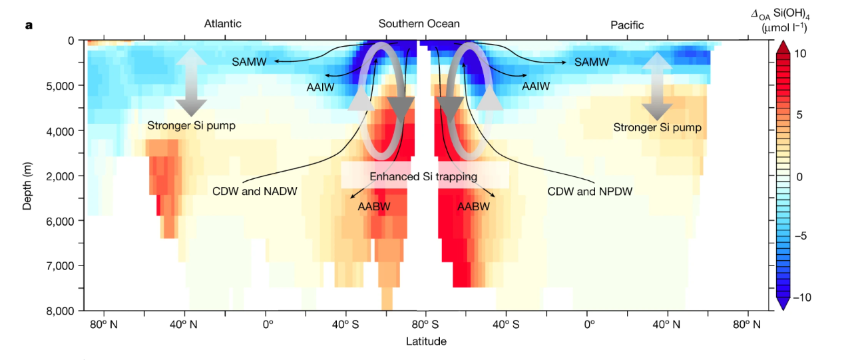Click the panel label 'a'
coord(29,25)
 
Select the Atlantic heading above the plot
coord(222,24)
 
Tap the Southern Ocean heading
coord(419,24)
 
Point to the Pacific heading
coord(627,25)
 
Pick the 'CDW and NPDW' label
coord(589,192)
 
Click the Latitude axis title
coord(426,341)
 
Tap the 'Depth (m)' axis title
coord(27,176)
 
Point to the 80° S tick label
coord(425,325)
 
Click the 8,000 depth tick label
coord(60,311)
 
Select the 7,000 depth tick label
coord(60,266)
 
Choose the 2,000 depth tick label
coord(60,176)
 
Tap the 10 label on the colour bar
coord(800,54)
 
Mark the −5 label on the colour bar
coord(803,236)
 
